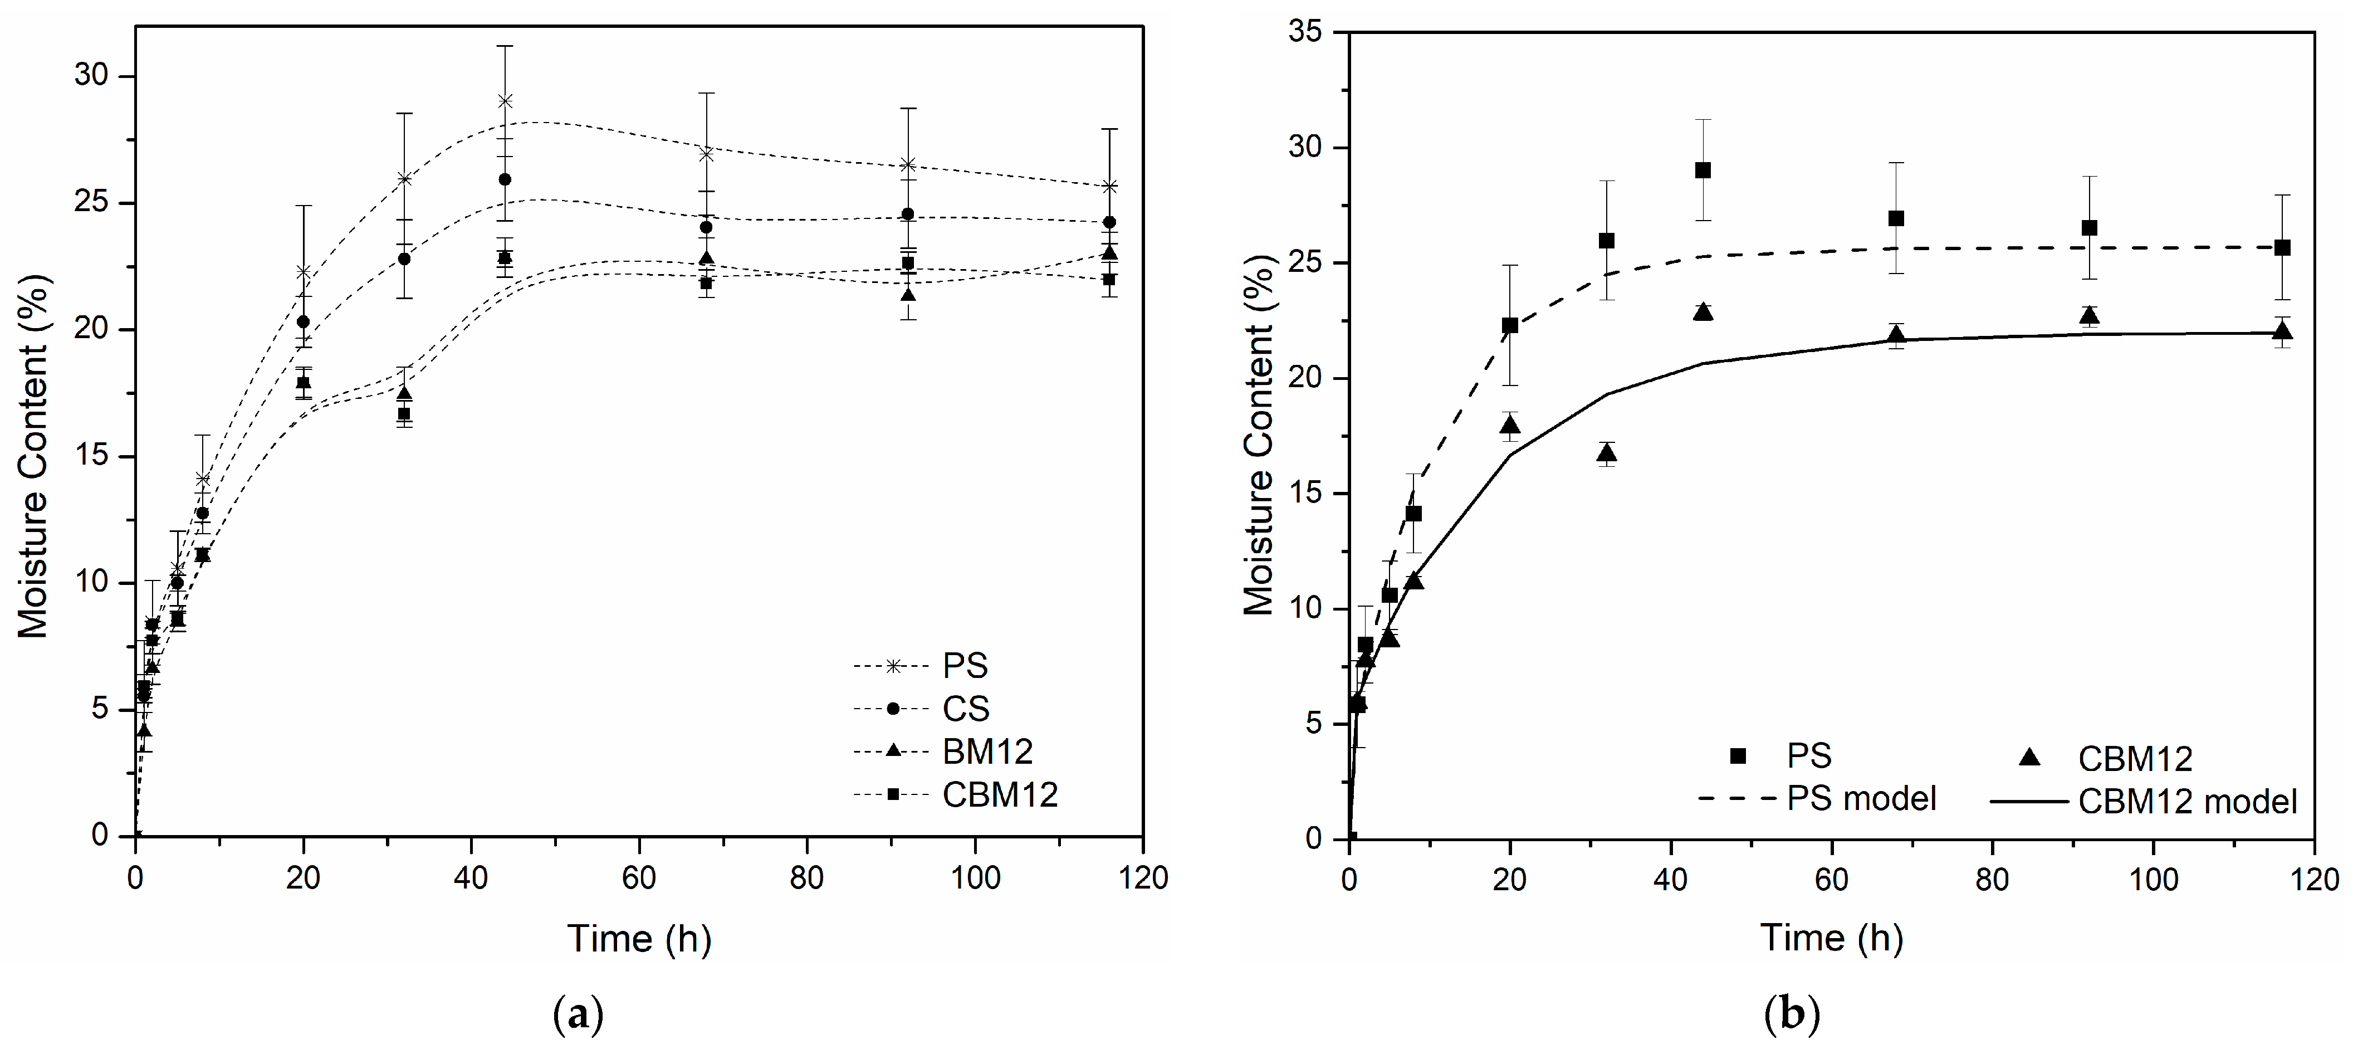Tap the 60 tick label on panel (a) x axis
638,878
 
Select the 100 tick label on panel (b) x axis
2153,880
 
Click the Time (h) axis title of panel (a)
638,939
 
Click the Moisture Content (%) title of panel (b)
1259,435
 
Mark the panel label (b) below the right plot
1792,1015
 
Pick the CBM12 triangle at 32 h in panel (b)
1607,453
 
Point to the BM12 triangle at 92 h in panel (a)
908,295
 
